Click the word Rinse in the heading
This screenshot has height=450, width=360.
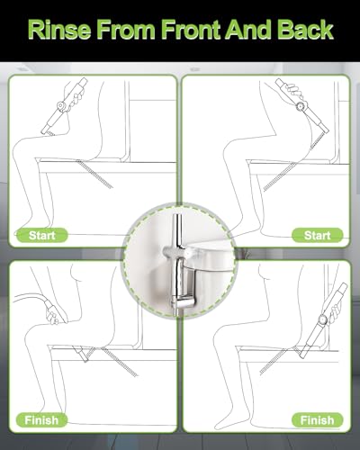click(x=58, y=30)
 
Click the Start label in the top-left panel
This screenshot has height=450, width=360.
click(x=41, y=236)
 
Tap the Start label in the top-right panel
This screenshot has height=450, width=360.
click(x=317, y=236)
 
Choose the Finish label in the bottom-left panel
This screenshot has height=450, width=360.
click(x=41, y=420)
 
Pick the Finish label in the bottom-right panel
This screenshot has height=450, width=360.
click(x=317, y=420)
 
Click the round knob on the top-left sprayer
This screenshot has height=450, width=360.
click(x=62, y=106)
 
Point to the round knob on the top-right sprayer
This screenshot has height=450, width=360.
click(x=300, y=107)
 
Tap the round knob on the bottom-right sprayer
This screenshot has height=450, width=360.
click(x=323, y=319)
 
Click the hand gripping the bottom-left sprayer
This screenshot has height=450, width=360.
click(x=54, y=316)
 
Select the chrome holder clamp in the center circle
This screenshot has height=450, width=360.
click(x=176, y=251)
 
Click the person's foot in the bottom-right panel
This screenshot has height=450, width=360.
click(x=223, y=422)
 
